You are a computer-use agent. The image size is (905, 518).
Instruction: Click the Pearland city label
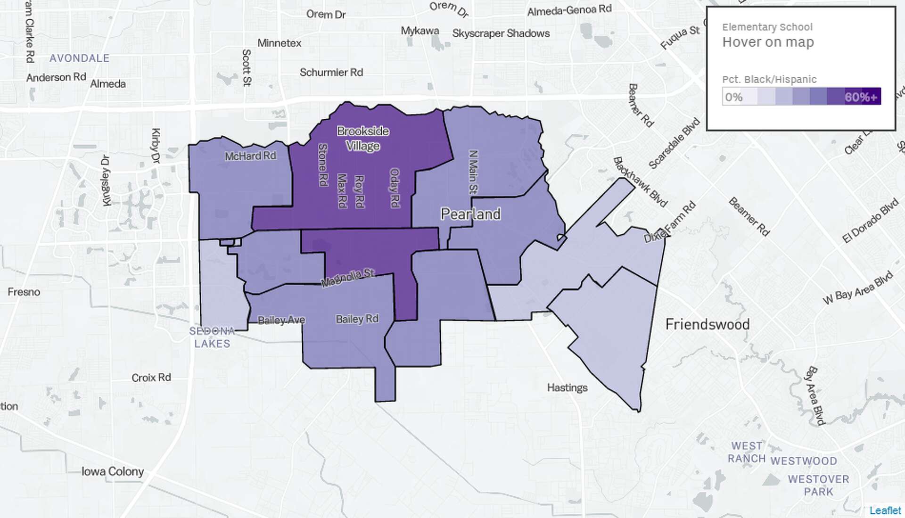(x=470, y=214)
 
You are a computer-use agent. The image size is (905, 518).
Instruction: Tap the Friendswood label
(x=707, y=324)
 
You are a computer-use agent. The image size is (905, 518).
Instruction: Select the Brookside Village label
(x=363, y=138)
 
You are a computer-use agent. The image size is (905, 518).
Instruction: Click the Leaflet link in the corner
(x=885, y=510)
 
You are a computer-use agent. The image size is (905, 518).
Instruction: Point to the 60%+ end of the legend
(x=861, y=97)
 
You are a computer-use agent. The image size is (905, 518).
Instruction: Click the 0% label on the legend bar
(x=733, y=97)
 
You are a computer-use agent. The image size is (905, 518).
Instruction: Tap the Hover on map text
(x=768, y=42)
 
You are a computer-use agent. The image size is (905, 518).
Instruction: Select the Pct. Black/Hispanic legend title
(x=769, y=79)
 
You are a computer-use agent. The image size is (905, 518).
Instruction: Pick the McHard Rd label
(x=250, y=156)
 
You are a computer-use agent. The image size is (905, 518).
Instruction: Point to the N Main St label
(x=473, y=172)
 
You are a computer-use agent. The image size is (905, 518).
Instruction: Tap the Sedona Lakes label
(x=212, y=337)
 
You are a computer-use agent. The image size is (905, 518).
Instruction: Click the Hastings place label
(x=567, y=387)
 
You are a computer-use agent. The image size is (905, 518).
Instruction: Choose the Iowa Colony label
(x=112, y=471)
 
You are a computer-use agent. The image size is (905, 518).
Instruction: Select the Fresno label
(x=24, y=292)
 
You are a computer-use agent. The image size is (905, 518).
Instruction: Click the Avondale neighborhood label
(x=79, y=58)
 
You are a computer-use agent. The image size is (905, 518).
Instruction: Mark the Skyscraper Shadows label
(x=501, y=33)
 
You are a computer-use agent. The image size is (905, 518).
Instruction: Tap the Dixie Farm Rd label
(x=669, y=222)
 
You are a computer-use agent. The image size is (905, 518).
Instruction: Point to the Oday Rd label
(x=395, y=188)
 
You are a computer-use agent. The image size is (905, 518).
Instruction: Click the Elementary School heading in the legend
(x=767, y=27)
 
